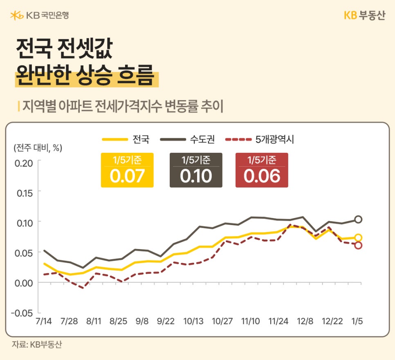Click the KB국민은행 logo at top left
tap(39, 16)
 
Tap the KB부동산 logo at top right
tap(364, 16)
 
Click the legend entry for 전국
tap(126, 139)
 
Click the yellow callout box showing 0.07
tap(127, 170)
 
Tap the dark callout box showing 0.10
tap(196, 170)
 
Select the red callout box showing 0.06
tap(262, 170)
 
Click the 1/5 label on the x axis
tap(357, 322)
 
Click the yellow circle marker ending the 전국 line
tap(358, 238)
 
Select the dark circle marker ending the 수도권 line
tap(358, 219)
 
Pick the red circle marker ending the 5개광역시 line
tap(358, 245)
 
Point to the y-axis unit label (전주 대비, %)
tap(38, 148)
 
